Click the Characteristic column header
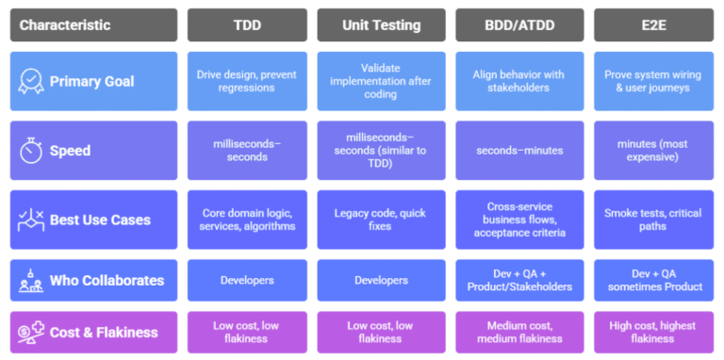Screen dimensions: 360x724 93,25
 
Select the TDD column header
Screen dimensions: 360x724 247,25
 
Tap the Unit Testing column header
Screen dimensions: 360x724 381,25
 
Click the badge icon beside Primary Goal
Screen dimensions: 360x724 31,81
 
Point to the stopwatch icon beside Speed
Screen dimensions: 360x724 31,151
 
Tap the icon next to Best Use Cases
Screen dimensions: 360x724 31,221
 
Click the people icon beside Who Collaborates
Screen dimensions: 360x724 31,280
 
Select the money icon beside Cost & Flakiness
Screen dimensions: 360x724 31,332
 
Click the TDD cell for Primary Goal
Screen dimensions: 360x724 247,81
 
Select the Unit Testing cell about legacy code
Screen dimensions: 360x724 381,221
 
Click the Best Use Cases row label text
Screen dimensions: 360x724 100,221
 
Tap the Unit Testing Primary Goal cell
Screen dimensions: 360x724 381,81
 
